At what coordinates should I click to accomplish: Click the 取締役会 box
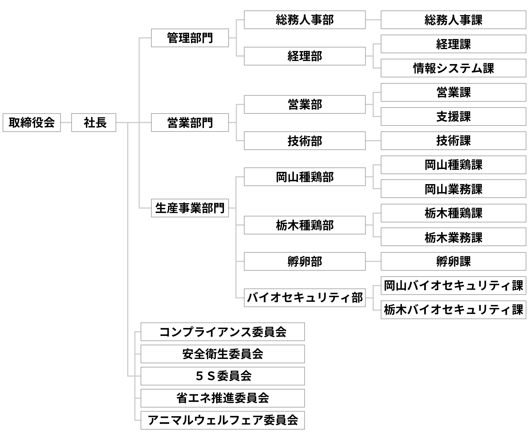(x=32, y=123)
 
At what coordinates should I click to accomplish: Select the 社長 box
(x=94, y=123)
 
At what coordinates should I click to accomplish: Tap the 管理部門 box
(x=190, y=38)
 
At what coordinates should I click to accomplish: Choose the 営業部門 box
(x=190, y=123)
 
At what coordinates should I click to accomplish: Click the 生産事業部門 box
(x=190, y=208)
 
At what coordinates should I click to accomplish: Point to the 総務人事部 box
(x=305, y=20)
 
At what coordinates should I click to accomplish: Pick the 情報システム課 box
(x=453, y=68)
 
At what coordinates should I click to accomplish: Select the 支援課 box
(x=453, y=117)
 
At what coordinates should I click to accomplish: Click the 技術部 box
(x=305, y=141)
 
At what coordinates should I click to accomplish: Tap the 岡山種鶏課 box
(x=453, y=165)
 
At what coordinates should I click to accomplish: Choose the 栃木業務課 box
(x=453, y=237)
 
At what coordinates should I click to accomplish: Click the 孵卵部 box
(x=305, y=262)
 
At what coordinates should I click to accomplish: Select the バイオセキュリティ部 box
(x=305, y=298)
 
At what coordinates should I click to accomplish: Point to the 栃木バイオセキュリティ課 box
(x=453, y=310)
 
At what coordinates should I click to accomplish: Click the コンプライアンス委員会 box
(x=222, y=332)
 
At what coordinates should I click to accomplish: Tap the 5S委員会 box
(x=222, y=376)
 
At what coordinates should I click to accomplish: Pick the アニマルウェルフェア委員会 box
(x=222, y=420)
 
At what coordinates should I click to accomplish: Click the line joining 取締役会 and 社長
(x=66, y=123)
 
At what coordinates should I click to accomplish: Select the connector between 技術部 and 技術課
(x=373, y=141)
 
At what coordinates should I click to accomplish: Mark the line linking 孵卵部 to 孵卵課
(x=373, y=262)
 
